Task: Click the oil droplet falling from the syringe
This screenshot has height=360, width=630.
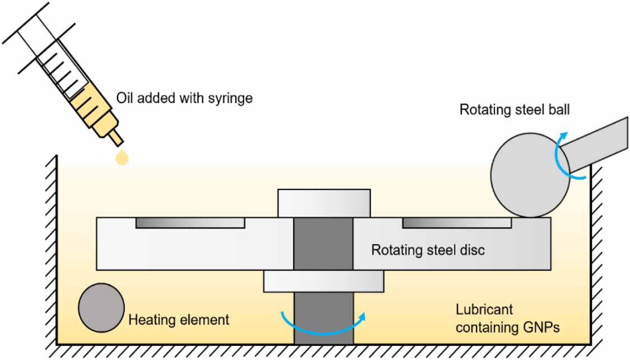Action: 122,159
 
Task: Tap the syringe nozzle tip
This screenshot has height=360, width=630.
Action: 116,137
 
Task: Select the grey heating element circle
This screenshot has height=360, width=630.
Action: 101,308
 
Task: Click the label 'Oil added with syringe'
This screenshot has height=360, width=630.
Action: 184,99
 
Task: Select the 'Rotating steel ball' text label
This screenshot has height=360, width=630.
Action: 515,109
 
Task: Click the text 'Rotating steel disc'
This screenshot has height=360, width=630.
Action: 428,250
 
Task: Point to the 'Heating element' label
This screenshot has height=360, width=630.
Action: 179,320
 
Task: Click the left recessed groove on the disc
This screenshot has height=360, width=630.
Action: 190,223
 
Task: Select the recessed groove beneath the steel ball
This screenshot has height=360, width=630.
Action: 456,223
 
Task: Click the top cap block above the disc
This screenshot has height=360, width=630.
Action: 324,203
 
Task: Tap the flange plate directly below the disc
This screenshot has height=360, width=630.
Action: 324,281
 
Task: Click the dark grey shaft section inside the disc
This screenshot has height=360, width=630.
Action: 323,243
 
